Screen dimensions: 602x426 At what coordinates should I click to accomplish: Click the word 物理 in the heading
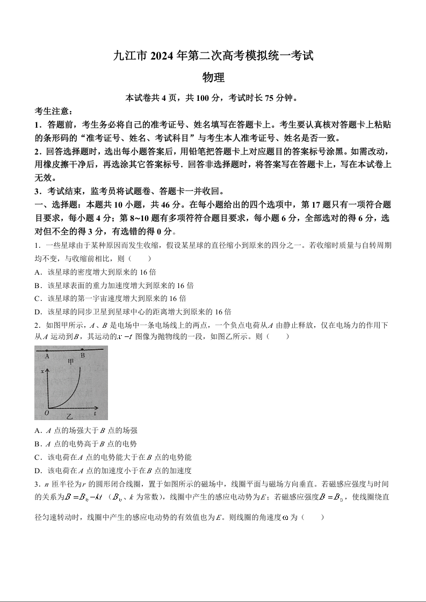click(x=213, y=78)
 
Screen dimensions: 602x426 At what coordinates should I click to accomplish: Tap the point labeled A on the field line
click(x=47, y=350)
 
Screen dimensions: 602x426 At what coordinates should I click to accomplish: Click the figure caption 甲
click(x=70, y=362)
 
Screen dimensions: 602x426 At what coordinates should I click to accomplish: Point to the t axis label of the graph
click(x=95, y=414)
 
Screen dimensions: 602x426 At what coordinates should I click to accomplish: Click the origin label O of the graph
click(x=47, y=413)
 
